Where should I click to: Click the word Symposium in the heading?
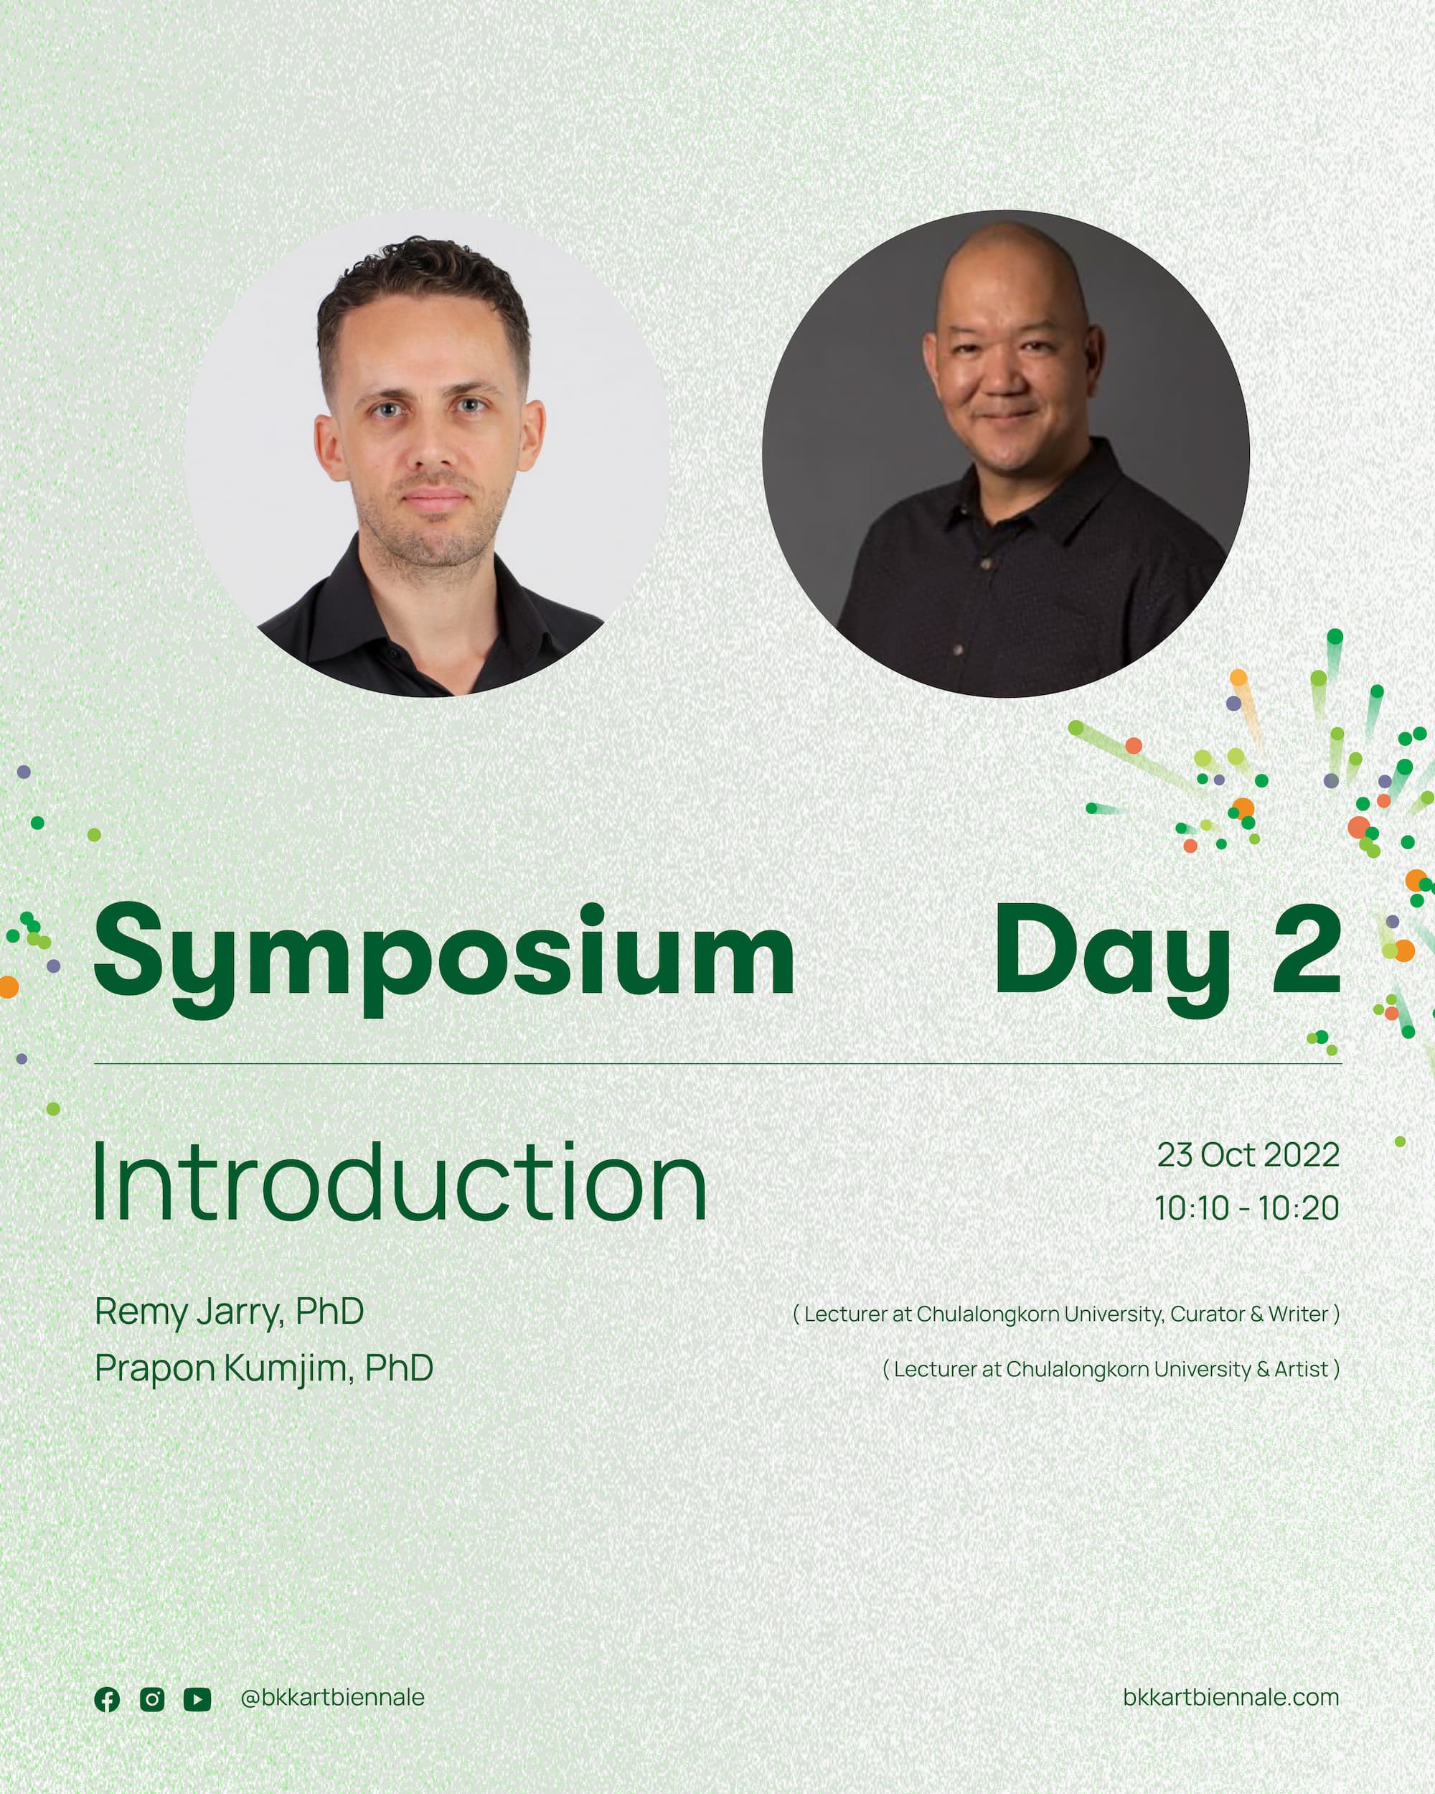[444, 958]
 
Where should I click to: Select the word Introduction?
[400, 1182]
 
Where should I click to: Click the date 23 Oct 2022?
[1248, 1155]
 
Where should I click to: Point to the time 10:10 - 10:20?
[1247, 1208]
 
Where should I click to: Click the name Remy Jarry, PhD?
[230, 1312]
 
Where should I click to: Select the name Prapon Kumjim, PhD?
[264, 1369]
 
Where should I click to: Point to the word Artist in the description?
[1301, 1370]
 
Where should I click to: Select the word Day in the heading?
[1113, 958]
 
